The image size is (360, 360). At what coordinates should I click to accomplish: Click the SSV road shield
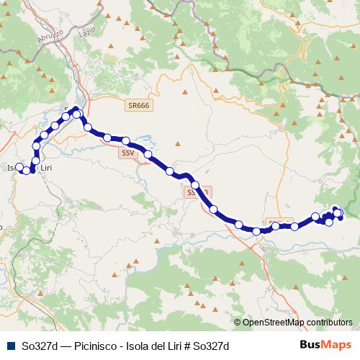(x=127, y=153)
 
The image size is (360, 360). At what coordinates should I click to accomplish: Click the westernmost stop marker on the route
(x=21, y=169)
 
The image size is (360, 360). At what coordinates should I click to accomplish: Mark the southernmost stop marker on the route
(x=257, y=231)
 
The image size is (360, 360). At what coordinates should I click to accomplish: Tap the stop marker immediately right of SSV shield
(x=148, y=154)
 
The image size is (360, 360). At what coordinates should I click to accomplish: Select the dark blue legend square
(x=8, y=345)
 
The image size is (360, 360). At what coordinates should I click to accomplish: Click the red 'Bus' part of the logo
(x=310, y=345)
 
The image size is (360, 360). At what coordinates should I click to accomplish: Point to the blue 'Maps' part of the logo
(x=336, y=345)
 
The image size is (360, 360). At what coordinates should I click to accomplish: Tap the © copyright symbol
(x=238, y=323)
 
